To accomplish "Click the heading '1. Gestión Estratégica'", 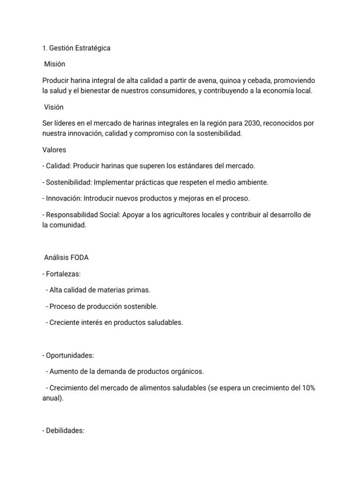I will click(x=76, y=48).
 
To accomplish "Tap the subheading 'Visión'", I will click(x=53, y=107).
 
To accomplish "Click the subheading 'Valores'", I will click(x=54, y=150).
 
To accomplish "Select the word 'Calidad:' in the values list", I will click(x=58, y=166).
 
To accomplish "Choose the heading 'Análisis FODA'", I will click(x=66, y=258).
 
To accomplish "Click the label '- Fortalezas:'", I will click(x=61, y=274).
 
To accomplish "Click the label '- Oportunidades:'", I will click(x=67, y=355).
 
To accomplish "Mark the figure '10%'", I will click(x=307, y=388).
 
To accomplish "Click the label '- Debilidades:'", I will click(x=63, y=431).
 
